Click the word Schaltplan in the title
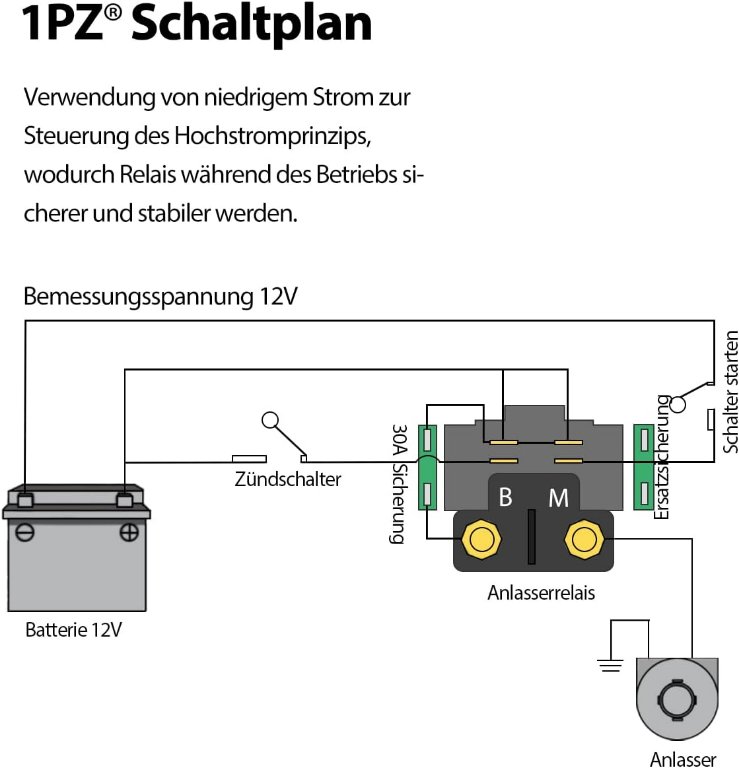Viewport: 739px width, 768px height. coord(251,25)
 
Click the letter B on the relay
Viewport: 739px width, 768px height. coord(506,498)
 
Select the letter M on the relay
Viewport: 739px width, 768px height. coord(558,498)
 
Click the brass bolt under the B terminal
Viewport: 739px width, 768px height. coord(481,540)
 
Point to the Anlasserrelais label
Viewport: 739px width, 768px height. coord(541,593)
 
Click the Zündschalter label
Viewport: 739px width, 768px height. coord(288,479)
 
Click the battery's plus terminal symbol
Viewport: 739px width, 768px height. coord(128,533)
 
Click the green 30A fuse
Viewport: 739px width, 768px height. coord(427,465)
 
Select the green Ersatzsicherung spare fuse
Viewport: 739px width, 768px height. coord(645,465)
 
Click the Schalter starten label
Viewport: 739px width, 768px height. coord(731,391)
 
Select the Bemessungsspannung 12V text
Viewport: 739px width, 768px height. coord(160,298)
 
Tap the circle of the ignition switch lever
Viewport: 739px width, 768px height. coord(269,420)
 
